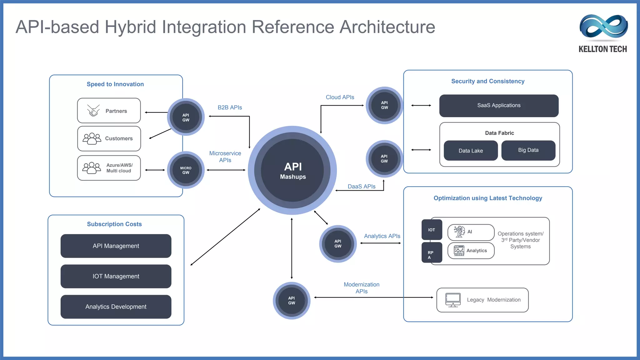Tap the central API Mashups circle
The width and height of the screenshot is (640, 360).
click(292, 170)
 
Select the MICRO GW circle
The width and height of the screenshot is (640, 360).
click(186, 170)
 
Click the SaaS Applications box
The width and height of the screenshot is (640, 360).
click(499, 106)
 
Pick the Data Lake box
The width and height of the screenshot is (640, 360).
click(471, 151)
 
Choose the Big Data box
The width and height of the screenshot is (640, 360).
click(528, 150)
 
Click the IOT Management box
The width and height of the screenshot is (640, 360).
click(116, 276)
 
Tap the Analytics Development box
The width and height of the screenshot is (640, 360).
click(116, 307)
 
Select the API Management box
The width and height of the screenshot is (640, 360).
click(116, 246)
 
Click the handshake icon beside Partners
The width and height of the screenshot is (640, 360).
click(93, 111)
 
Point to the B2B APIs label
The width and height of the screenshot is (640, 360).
click(230, 107)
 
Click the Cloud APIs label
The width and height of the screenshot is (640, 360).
click(340, 97)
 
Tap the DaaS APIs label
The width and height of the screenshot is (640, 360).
click(362, 187)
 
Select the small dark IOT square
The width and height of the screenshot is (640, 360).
click(432, 230)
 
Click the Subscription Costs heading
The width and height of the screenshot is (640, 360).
click(114, 224)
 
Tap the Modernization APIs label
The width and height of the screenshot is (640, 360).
click(362, 288)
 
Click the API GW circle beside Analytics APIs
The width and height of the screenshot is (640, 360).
click(338, 244)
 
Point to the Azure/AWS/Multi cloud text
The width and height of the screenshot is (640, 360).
click(119, 168)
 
